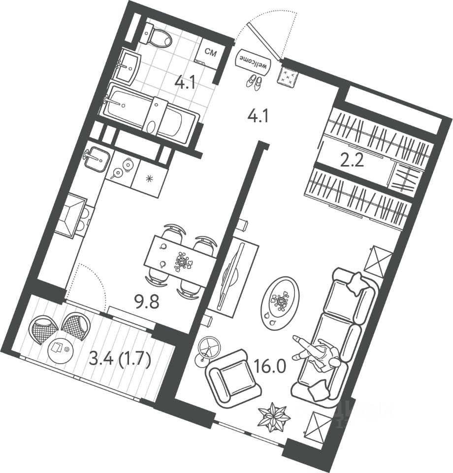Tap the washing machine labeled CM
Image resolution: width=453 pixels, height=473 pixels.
coord(209,53)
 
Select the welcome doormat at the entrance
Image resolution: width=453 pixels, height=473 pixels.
coord(255,62)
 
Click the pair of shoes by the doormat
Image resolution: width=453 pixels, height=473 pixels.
coord(254,82)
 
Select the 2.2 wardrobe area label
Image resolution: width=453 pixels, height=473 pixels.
coord(353,161)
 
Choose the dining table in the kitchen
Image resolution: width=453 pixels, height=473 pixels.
coord(180,261)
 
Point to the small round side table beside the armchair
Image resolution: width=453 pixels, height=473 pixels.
coord(208,347)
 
